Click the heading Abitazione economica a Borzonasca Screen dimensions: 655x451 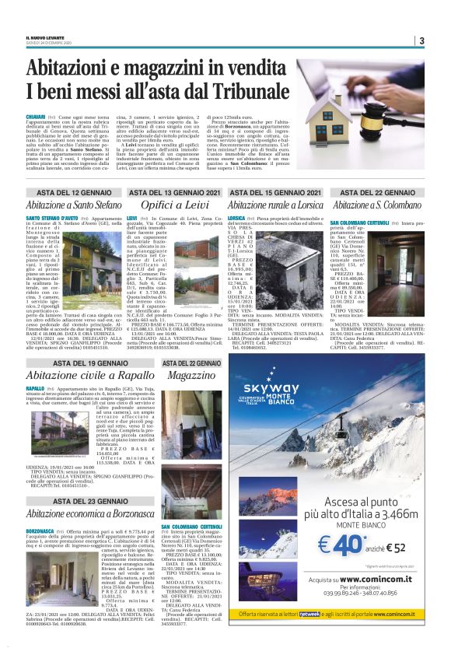[89, 514]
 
